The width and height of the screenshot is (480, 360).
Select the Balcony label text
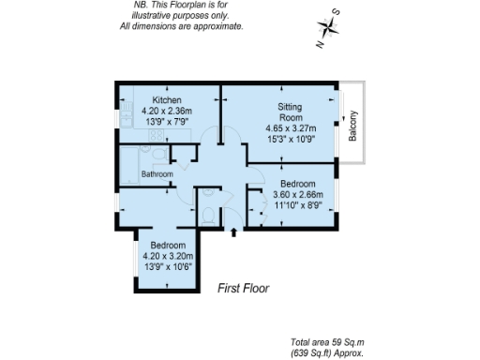(x=353, y=127)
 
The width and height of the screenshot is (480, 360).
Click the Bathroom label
(x=157, y=174)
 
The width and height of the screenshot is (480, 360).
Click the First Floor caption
(x=243, y=289)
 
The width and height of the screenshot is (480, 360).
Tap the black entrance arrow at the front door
(x=233, y=231)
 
